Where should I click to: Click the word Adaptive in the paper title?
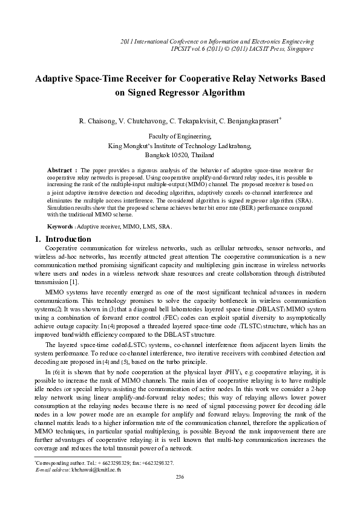(56, 79)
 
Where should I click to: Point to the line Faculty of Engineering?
(179, 137)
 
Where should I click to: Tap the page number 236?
(179, 478)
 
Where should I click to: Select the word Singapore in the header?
(299, 48)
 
